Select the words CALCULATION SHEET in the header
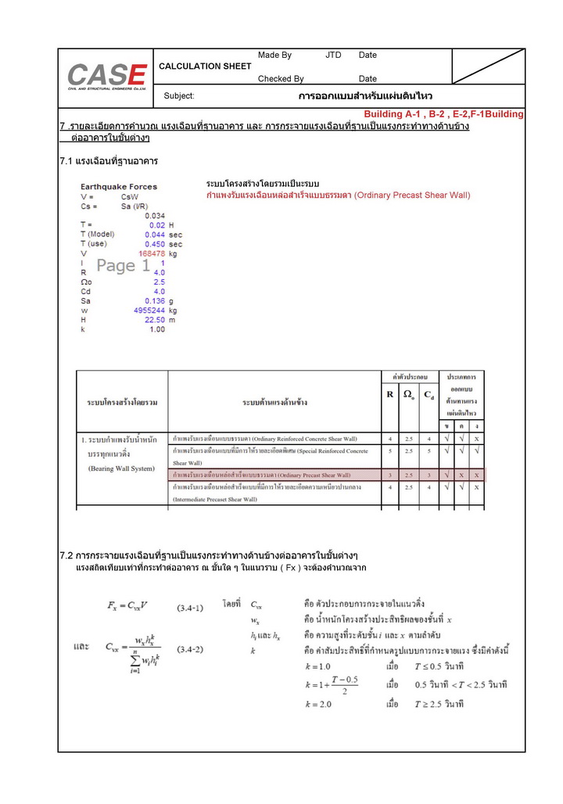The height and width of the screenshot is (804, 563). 205,66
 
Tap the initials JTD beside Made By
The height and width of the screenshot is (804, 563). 333,56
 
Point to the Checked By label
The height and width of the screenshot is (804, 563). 281,79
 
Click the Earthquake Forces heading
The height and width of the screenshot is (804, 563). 119,187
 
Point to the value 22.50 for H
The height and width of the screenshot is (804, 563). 155,319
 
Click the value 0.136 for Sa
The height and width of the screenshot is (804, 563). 155,300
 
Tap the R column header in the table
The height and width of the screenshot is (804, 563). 389,395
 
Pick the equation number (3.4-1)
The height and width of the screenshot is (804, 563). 190,606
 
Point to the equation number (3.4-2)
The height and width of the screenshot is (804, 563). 190,649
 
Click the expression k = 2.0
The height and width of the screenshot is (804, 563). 319,704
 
